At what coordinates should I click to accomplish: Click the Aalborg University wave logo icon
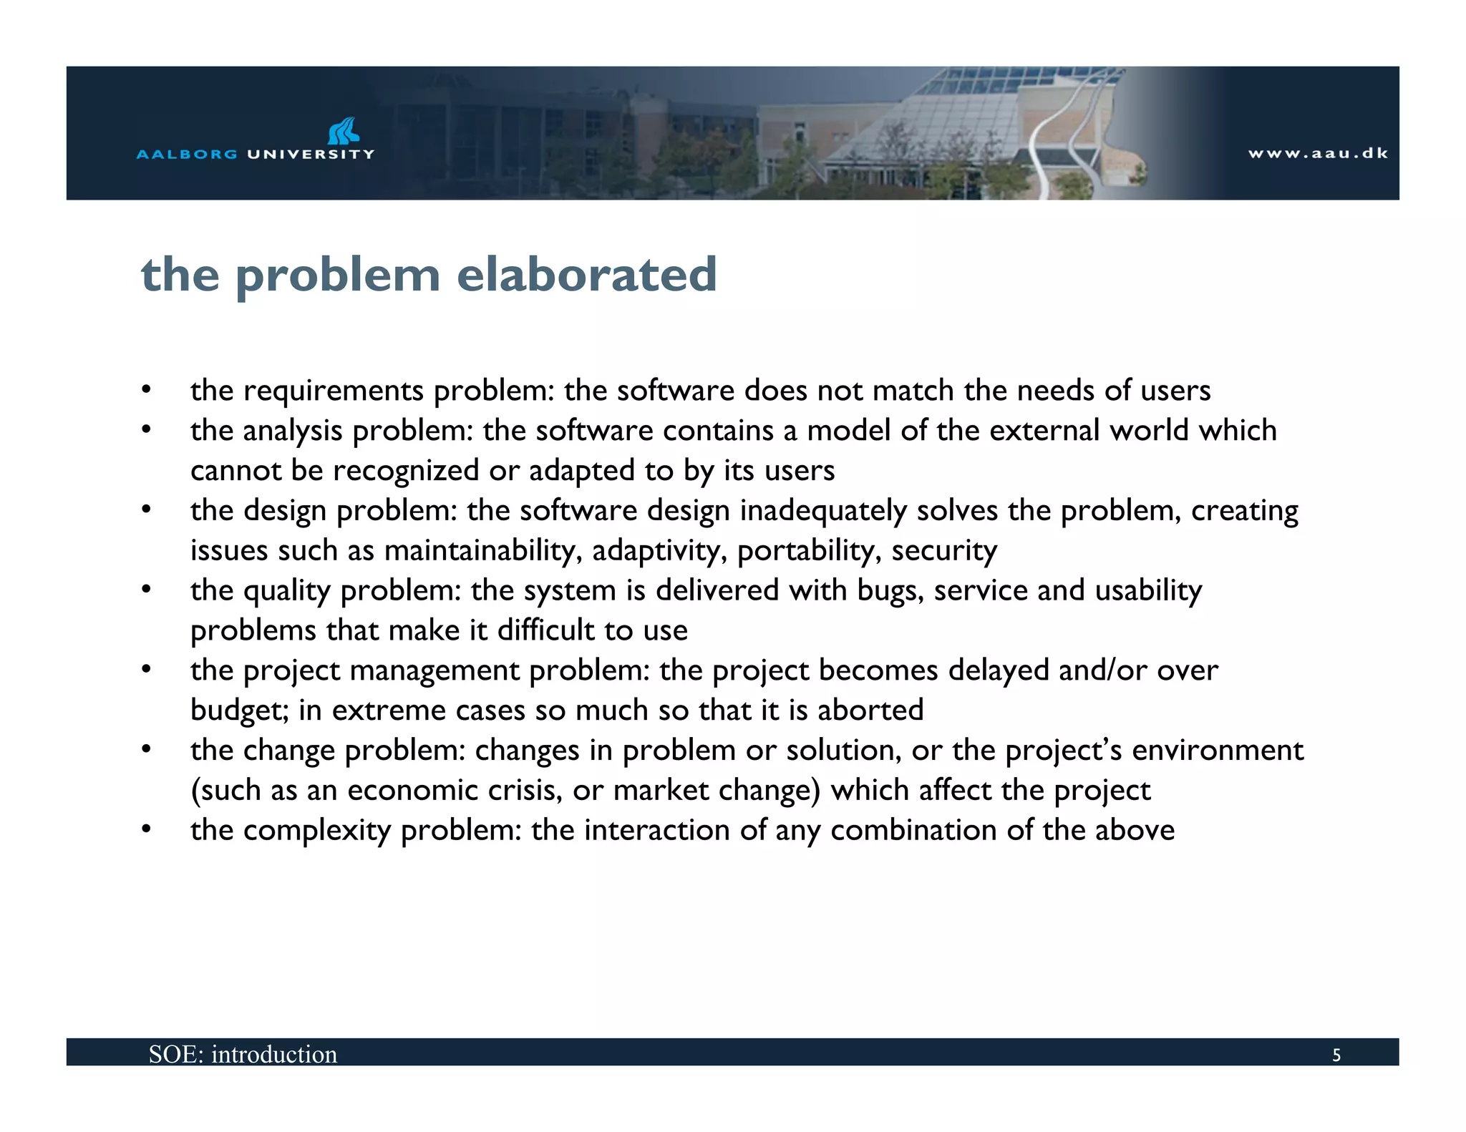343,131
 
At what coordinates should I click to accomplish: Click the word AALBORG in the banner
187,154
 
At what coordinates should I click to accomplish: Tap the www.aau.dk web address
1318,153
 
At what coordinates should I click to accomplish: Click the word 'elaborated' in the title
586,275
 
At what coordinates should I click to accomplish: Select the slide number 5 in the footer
1336,1055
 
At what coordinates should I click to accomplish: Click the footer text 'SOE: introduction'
243,1054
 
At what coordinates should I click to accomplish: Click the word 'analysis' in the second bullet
293,431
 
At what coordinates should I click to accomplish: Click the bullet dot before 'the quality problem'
147,590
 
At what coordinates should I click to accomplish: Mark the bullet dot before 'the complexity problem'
147,829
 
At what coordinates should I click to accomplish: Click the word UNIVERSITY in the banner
311,154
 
